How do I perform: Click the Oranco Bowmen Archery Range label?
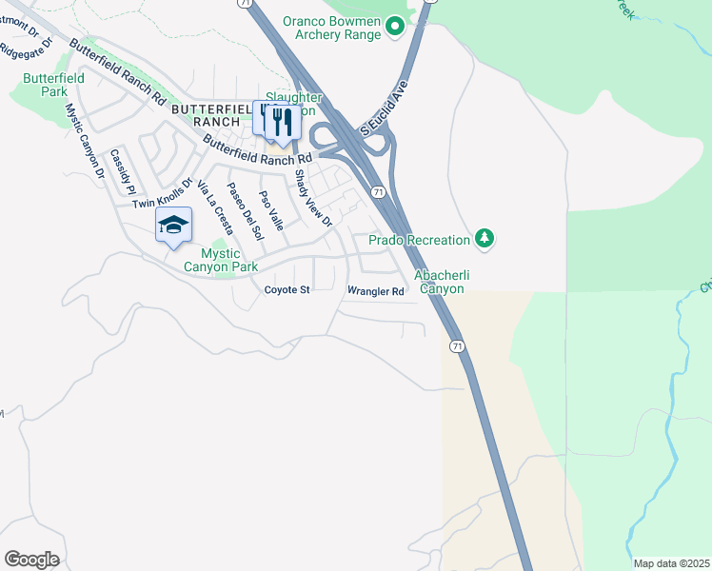pyautogui.click(x=330, y=28)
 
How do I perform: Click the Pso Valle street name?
pyautogui.click(x=271, y=210)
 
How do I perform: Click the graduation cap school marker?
pyautogui.click(x=173, y=225)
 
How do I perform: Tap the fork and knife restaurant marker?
pyautogui.click(x=279, y=120)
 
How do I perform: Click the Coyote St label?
pyautogui.click(x=287, y=289)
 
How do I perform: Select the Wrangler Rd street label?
pyautogui.click(x=376, y=291)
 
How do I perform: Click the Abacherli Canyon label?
pyautogui.click(x=439, y=282)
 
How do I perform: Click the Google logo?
pyautogui.click(x=31, y=560)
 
